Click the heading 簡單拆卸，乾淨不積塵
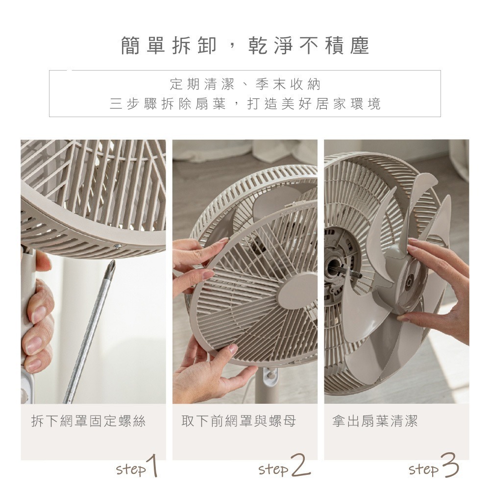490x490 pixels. coord(245,46)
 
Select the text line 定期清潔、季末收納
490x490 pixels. coord(245,85)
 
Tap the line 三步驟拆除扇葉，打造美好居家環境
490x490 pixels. coord(245,104)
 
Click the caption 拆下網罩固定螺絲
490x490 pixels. coord(88,421)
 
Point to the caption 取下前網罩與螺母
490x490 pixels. coord(239,421)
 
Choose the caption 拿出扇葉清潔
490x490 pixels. coord(375,421)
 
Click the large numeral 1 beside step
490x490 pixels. coord(153,466)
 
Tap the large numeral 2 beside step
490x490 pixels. coord(300,466)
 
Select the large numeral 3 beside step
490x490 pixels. coord(449,466)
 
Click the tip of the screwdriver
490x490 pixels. coord(112,265)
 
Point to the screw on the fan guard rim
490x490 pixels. coord(117,246)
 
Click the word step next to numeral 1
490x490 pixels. coord(131,469)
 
